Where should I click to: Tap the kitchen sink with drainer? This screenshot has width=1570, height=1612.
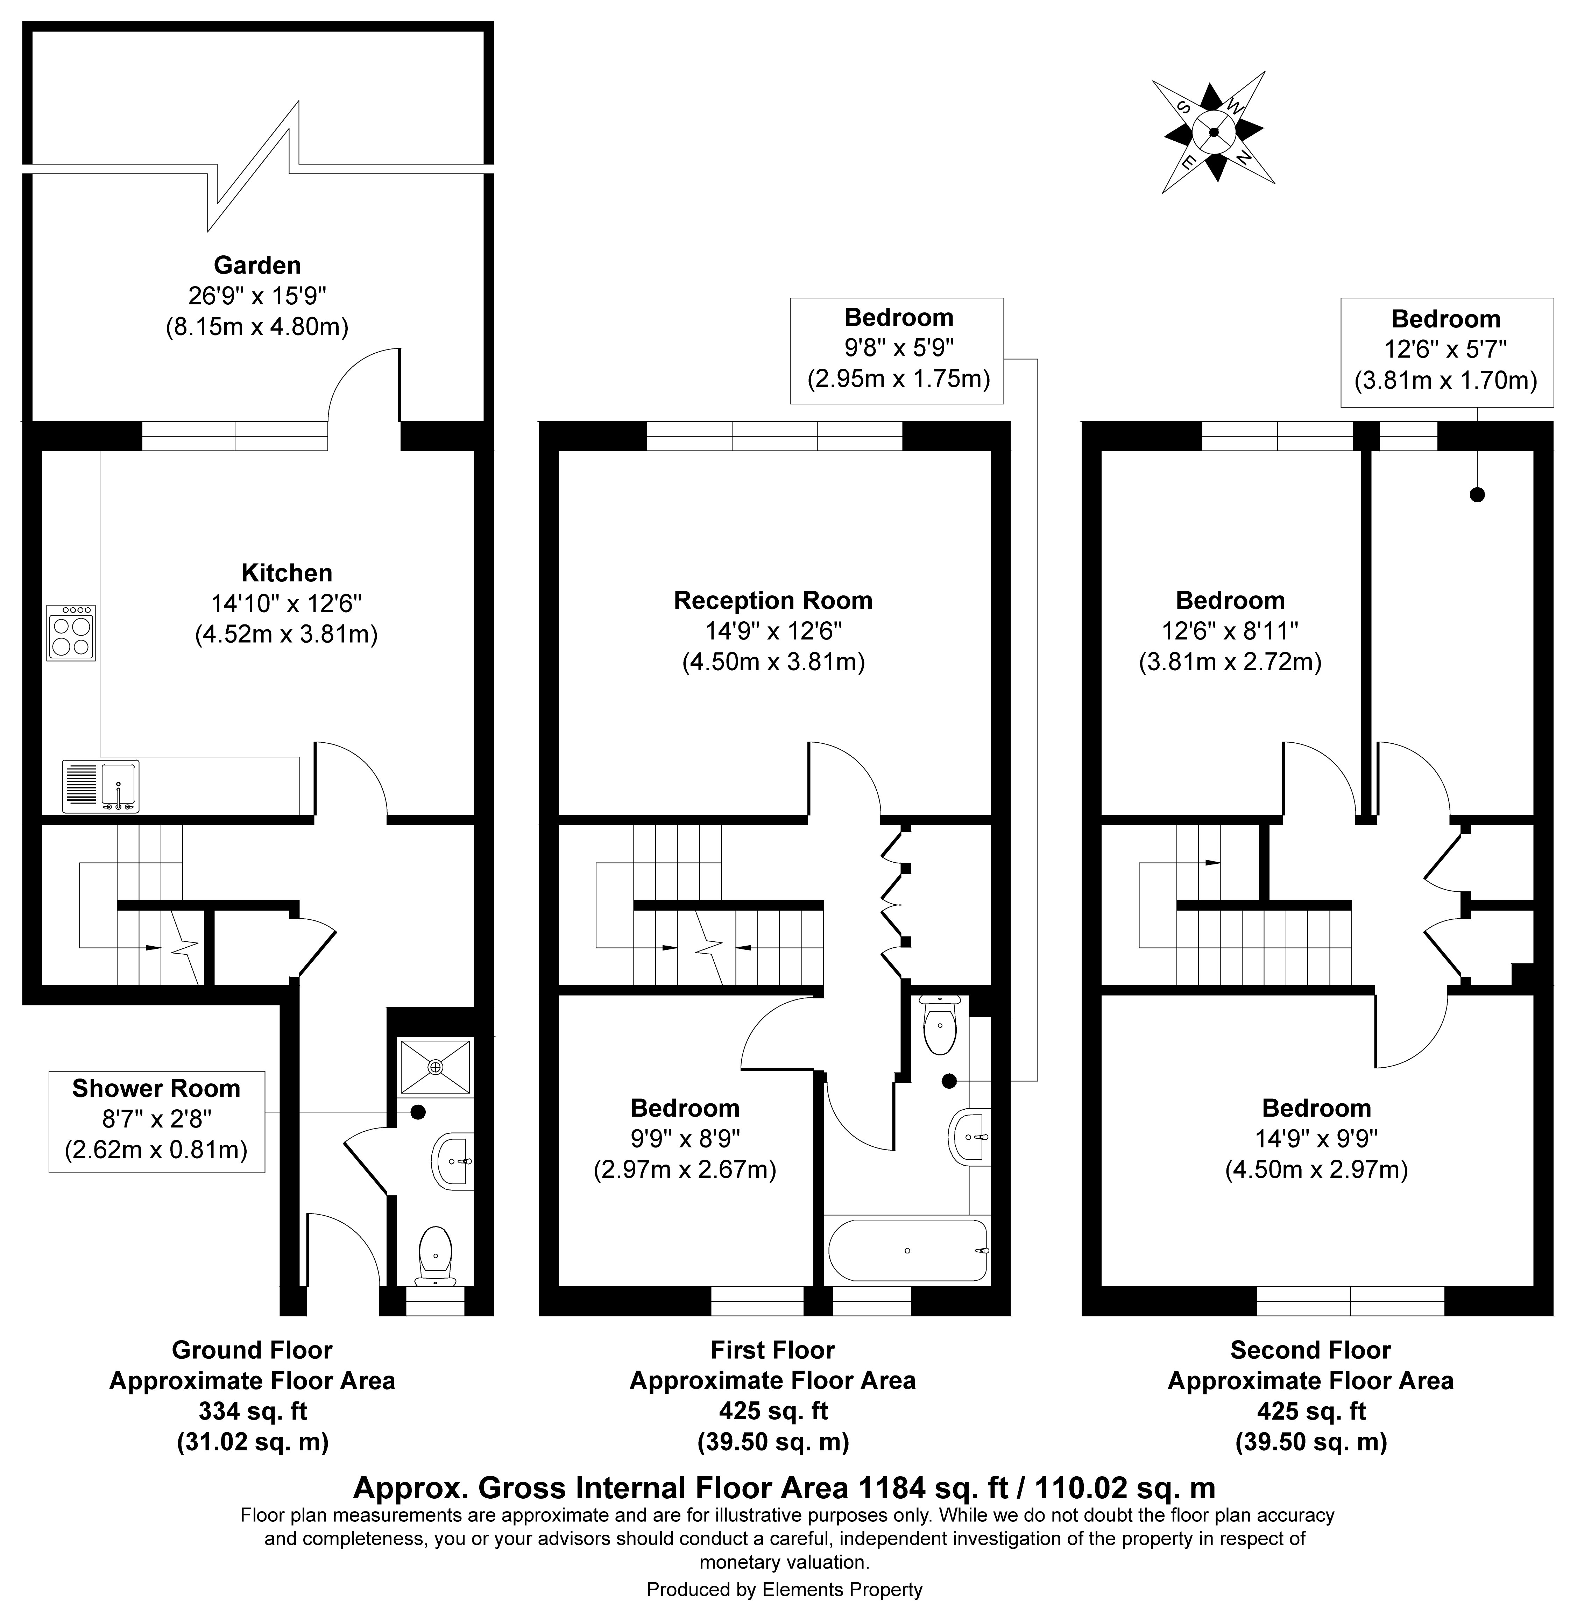101,787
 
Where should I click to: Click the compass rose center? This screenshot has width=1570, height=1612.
1213,132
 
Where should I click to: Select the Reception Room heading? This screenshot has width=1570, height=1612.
773,600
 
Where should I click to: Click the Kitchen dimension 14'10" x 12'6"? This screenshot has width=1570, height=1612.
286,603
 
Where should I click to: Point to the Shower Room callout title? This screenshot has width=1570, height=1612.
156,1088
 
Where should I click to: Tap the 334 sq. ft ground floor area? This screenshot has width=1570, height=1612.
252,1411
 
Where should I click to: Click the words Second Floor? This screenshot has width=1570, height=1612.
1310,1350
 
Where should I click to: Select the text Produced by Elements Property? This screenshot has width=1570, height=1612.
784,1589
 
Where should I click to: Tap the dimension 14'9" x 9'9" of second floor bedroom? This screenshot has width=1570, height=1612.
1316,1139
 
